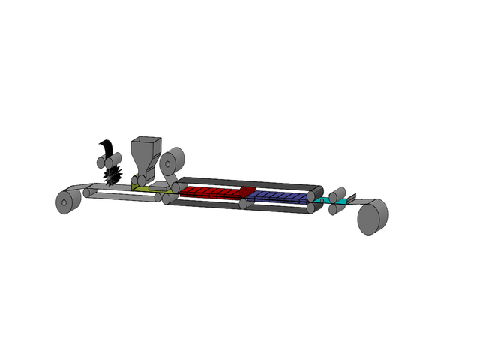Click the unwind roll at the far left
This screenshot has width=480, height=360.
tap(68, 202)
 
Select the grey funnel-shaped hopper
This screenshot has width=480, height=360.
tap(145, 154)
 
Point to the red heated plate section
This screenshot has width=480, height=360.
tap(210, 193)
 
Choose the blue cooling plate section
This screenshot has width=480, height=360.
tap(277, 196)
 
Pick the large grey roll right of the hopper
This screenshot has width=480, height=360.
tap(172, 161)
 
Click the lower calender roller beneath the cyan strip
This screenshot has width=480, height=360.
tap(334, 208)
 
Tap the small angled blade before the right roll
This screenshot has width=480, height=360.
tap(351, 199)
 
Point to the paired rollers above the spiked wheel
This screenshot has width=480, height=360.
tap(109, 160)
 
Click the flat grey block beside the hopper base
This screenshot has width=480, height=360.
tap(160, 187)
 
